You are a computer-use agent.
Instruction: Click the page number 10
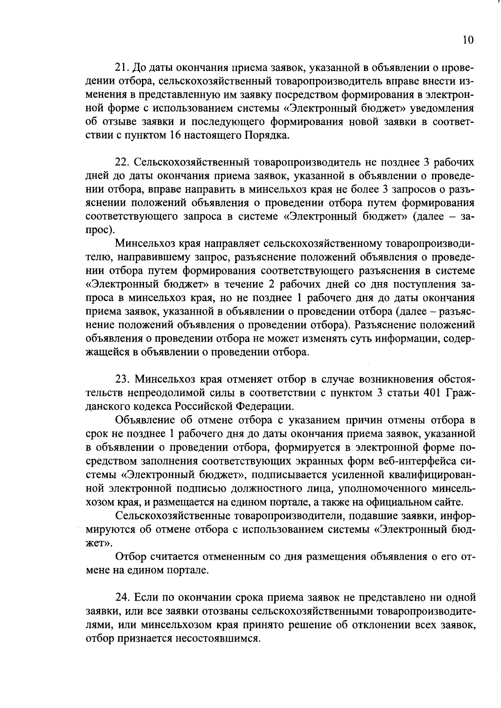(x=468, y=40)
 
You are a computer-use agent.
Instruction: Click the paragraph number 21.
(x=122, y=68)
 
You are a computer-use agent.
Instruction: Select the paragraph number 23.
(x=122, y=379)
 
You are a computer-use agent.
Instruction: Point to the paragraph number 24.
(x=122, y=597)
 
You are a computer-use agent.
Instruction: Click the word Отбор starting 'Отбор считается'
(x=131, y=557)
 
